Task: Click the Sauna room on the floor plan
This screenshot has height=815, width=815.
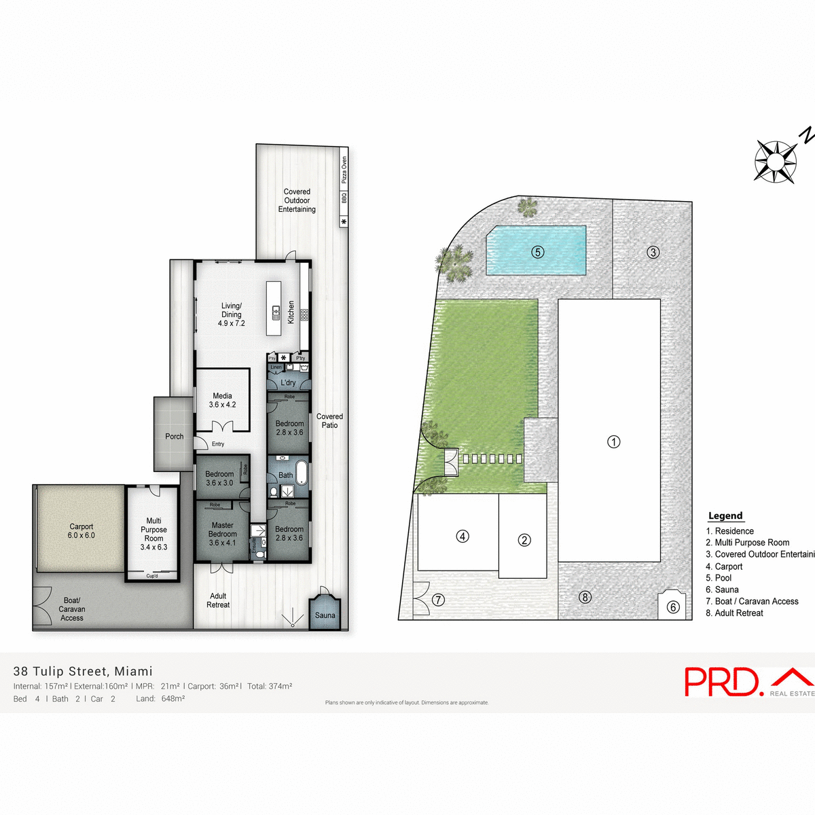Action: point(325,613)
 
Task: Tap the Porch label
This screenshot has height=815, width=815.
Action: point(175,437)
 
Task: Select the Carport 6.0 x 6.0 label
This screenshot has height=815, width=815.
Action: point(81,531)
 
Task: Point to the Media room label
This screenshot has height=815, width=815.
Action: point(222,400)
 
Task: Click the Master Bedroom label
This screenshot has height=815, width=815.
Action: point(222,534)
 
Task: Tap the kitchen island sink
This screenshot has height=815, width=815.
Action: point(276,313)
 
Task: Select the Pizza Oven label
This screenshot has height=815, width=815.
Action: point(344,170)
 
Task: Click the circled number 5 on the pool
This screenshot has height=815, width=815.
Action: point(537,252)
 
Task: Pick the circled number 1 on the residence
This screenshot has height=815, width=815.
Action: point(613,442)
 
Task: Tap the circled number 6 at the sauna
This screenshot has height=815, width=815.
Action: point(672,607)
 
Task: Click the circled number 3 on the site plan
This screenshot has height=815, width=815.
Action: point(653,252)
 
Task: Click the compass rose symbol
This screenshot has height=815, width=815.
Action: point(775,161)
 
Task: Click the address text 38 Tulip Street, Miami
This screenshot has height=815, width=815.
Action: point(83,671)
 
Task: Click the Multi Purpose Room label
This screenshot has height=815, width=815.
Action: point(153,534)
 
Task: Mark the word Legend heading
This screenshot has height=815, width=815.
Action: point(725,515)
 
